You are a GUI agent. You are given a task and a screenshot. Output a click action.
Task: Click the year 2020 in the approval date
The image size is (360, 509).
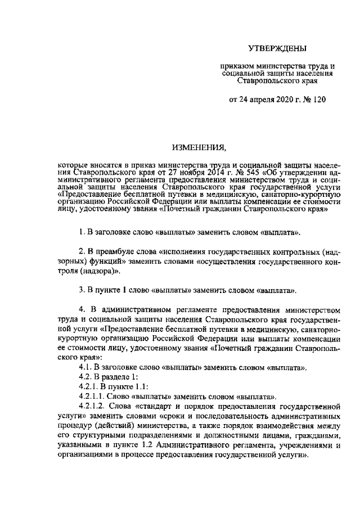coord(279,100)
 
